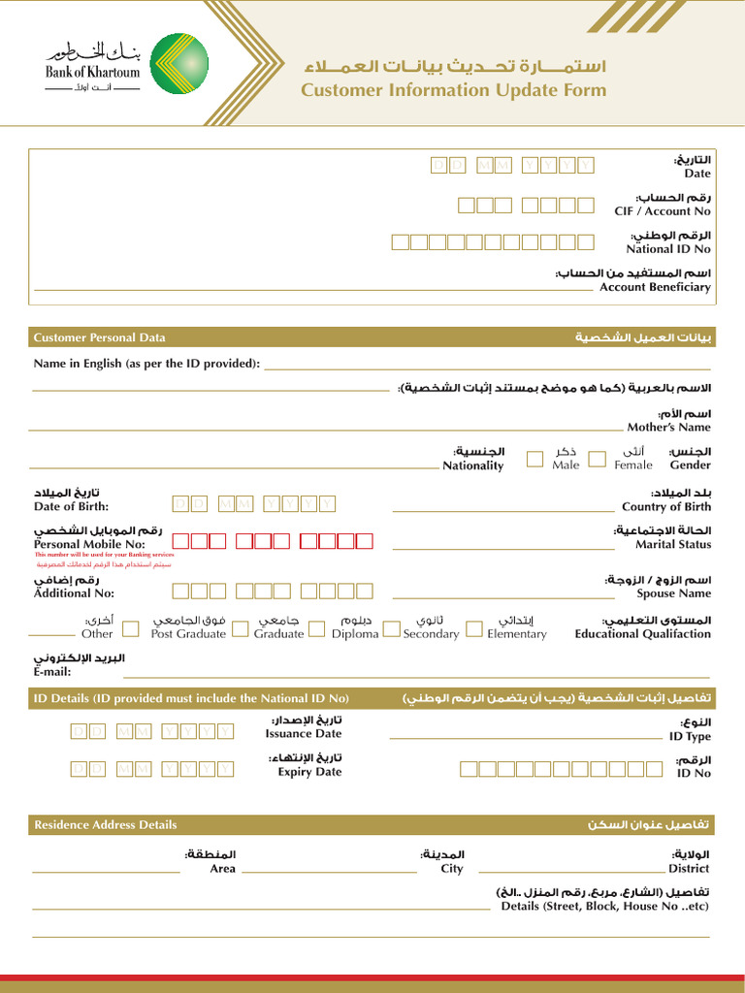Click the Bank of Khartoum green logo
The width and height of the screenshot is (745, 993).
pyautogui.click(x=179, y=63)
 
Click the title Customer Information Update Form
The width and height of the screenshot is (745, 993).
pyautogui.click(x=453, y=90)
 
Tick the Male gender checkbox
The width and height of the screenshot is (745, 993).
pyautogui.click(x=535, y=459)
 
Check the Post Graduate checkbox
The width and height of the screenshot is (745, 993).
pyautogui.click(x=240, y=628)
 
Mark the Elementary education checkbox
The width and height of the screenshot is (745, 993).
pyautogui.click(x=474, y=628)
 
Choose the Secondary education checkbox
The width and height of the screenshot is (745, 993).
pyautogui.click(x=391, y=628)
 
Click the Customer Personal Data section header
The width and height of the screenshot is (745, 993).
pyautogui.click(x=99, y=337)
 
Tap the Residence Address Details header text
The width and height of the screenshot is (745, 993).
pyautogui.click(x=106, y=824)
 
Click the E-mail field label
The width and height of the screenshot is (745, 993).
pyautogui.click(x=51, y=672)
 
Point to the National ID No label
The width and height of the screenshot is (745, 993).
pyautogui.click(x=667, y=249)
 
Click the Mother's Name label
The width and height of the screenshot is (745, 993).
pyautogui.click(x=668, y=427)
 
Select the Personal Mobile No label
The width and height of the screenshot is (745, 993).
pyautogui.click(x=89, y=544)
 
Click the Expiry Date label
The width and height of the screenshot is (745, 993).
pyautogui.click(x=309, y=772)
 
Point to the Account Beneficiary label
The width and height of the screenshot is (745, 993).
pyautogui.click(x=655, y=287)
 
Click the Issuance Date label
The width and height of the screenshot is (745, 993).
pyautogui.click(x=304, y=734)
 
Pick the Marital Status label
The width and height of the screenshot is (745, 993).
pyautogui.click(x=673, y=544)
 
